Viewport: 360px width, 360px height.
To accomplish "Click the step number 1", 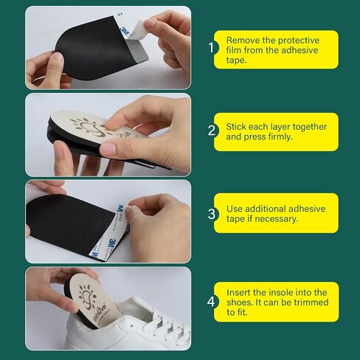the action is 211,47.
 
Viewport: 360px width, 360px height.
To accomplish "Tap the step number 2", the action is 212,131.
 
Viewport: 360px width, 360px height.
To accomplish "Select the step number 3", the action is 212,214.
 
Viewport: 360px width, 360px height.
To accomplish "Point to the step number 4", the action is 211,302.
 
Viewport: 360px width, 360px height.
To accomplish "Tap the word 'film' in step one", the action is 234,50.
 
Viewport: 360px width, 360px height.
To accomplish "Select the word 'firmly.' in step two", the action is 280,136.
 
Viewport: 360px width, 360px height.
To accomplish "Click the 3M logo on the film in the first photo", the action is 125,32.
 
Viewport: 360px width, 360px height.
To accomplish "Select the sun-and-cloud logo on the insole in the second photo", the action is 89,128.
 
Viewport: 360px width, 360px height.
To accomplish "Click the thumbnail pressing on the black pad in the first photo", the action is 58,58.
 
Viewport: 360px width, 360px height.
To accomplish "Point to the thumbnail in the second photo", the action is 108,148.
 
